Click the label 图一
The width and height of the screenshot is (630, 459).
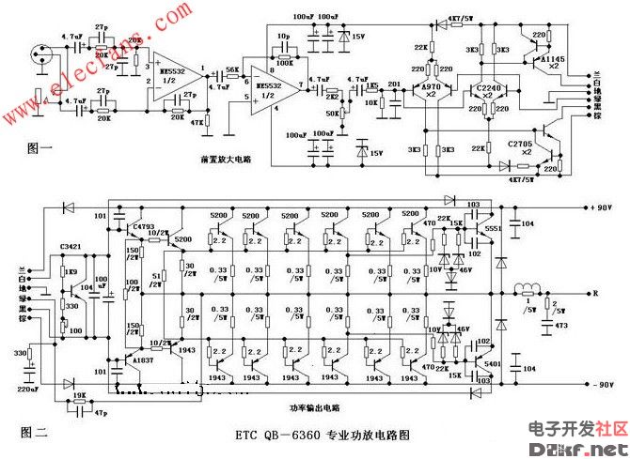(32, 146)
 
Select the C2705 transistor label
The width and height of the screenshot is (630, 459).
(523, 145)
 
